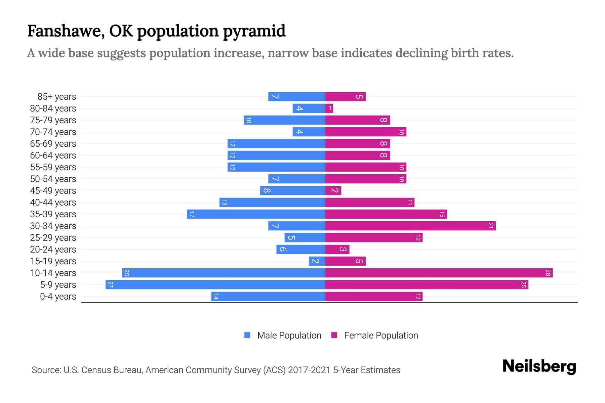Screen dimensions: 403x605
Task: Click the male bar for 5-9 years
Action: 215,284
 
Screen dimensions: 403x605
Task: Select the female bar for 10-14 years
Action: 439,273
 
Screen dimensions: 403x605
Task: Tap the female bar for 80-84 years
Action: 329,108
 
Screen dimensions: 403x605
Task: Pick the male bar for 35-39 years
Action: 256,214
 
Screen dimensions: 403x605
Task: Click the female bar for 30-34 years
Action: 410,226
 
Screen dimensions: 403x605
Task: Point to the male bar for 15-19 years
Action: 317,261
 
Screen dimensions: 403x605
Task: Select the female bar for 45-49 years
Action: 333,190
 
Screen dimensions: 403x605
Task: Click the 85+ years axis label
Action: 56,97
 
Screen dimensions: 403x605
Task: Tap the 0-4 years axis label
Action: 58,297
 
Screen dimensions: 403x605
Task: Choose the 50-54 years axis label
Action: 53,179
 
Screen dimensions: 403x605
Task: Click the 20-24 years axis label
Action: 53,250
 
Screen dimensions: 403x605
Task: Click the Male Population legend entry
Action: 282,335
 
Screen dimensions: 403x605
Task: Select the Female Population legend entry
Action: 374,335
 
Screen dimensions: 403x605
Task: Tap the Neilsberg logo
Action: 539,366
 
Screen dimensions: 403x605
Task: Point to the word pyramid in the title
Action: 254,31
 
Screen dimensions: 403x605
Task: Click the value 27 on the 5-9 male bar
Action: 110,284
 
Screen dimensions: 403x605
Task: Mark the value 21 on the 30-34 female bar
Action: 491,226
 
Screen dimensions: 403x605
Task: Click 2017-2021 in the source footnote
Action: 309,370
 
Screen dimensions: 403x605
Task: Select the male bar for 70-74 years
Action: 309,132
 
